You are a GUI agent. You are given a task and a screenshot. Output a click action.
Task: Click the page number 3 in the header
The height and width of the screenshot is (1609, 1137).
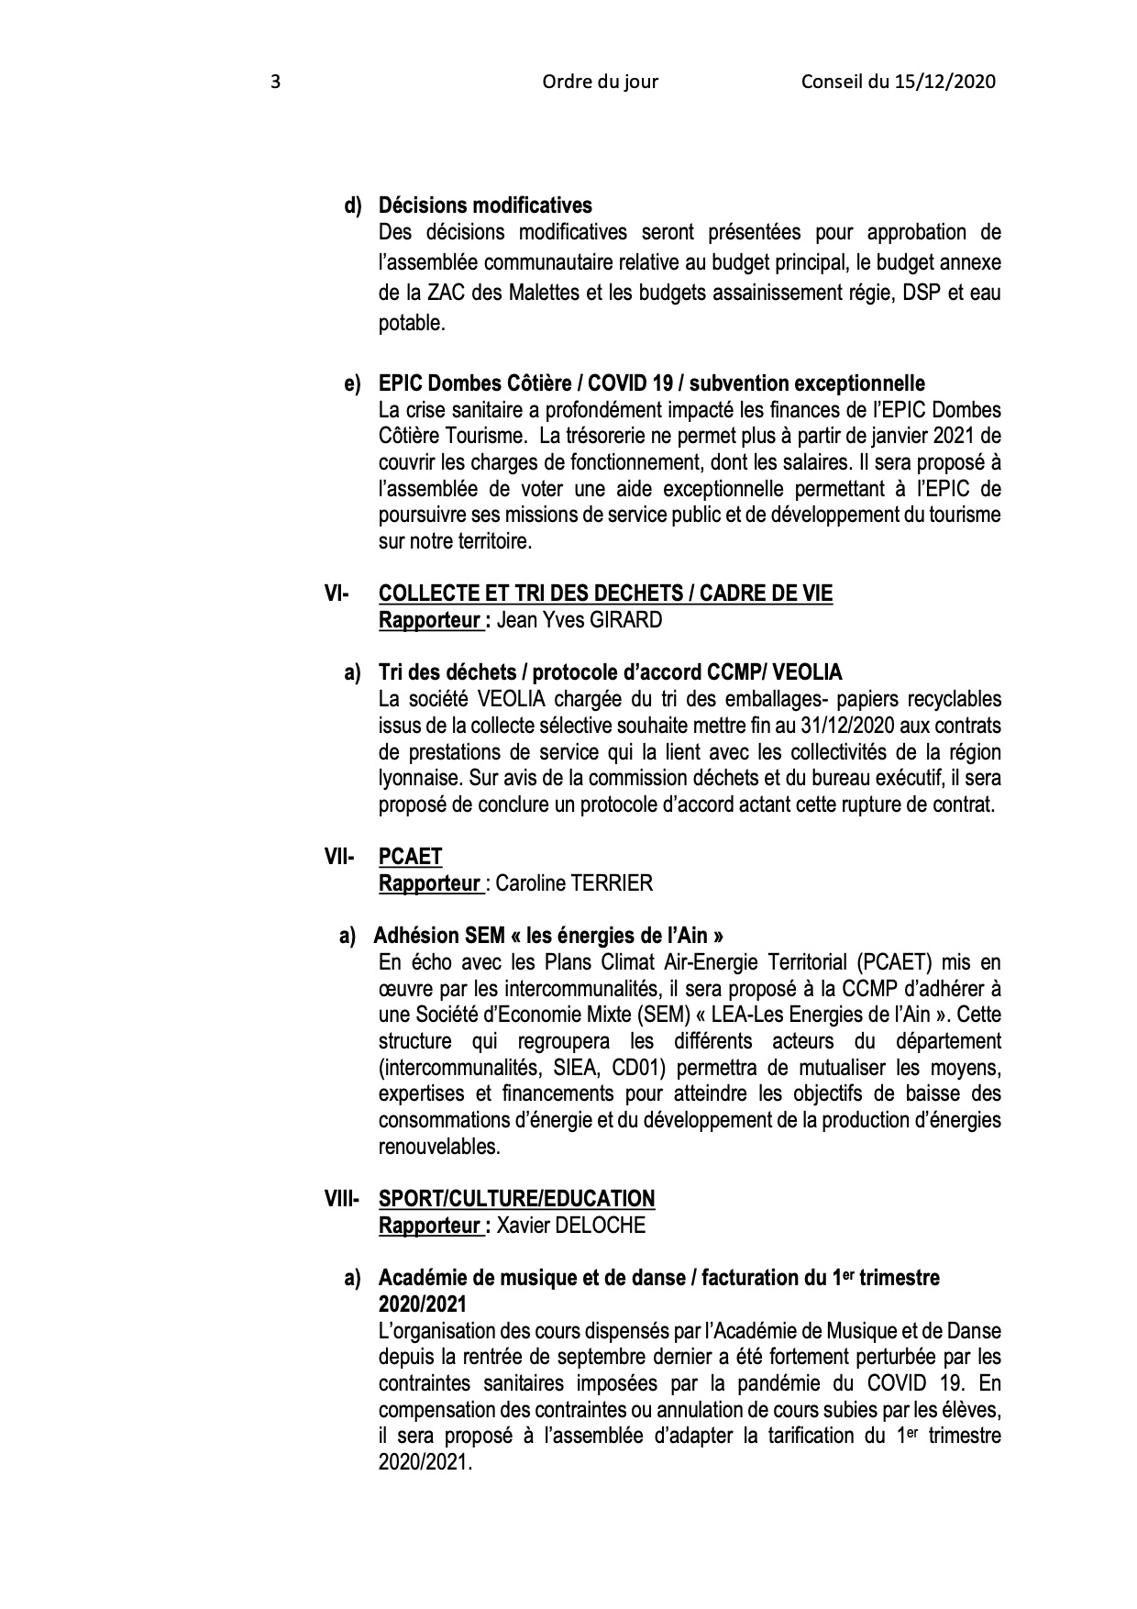pos(276,83)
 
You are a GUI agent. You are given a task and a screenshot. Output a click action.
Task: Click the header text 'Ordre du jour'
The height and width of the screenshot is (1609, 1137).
pos(600,83)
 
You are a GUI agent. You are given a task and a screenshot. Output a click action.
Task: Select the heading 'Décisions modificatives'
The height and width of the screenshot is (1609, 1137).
pos(485,205)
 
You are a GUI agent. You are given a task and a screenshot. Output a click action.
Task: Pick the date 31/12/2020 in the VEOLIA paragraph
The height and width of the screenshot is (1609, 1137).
pos(819,726)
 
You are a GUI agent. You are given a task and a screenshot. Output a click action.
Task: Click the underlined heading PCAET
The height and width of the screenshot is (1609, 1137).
pos(410,858)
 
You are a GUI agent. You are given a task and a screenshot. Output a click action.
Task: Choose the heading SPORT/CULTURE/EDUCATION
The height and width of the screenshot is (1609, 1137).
pos(517,1199)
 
